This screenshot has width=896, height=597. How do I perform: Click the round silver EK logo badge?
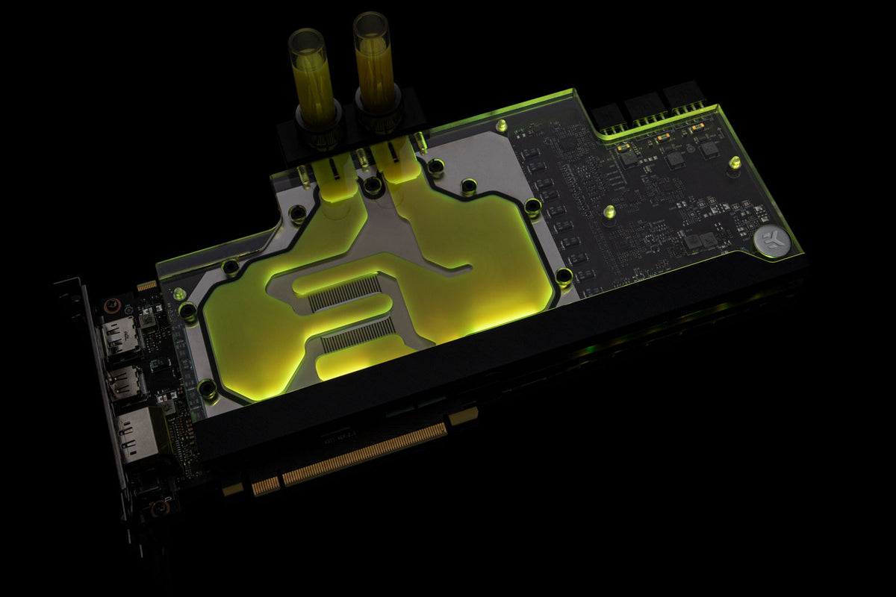point(767,240)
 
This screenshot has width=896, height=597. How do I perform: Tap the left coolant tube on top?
point(308,75)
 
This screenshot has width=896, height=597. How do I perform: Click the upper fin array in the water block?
point(345,293)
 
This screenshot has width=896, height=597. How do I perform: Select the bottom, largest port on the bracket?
point(137,433)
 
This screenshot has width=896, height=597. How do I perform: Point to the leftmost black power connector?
point(610,116)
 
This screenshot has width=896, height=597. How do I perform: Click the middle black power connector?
point(646,107)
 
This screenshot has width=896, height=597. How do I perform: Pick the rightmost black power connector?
point(685,96)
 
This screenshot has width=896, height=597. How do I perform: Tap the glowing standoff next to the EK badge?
point(734,162)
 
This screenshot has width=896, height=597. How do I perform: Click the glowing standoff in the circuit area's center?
point(609,212)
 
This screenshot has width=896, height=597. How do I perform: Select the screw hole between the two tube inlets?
point(371,184)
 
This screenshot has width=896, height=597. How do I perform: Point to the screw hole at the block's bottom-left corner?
point(208,388)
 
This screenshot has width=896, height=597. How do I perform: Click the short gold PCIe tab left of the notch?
point(265,486)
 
